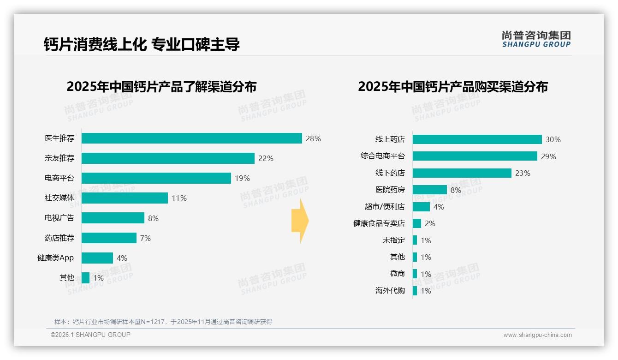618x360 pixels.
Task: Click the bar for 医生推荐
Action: [191, 138]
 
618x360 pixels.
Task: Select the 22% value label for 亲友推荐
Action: [266, 158]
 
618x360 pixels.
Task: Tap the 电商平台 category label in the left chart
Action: [59, 178]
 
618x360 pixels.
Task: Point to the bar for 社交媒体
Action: [125, 198]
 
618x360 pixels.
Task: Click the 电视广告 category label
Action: [59, 218]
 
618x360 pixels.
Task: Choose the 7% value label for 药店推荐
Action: [145, 238]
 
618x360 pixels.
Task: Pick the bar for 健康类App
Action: [97, 258]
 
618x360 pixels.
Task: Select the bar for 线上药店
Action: [477, 139]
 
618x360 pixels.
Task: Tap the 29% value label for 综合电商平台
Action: [548, 156]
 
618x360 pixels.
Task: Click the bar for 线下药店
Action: [462, 173]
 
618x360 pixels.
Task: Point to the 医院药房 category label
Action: [390, 190]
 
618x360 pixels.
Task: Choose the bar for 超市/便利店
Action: [421, 207]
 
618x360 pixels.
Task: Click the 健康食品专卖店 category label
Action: [379, 223]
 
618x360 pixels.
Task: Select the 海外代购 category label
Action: [390, 291]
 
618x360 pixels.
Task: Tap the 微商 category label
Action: [397, 274]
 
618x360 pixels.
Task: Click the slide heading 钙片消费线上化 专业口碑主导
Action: [142, 44]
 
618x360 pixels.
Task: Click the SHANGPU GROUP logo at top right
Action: [536, 39]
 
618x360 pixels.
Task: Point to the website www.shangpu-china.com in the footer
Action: [537, 335]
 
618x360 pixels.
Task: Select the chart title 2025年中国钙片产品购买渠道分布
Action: [452, 86]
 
